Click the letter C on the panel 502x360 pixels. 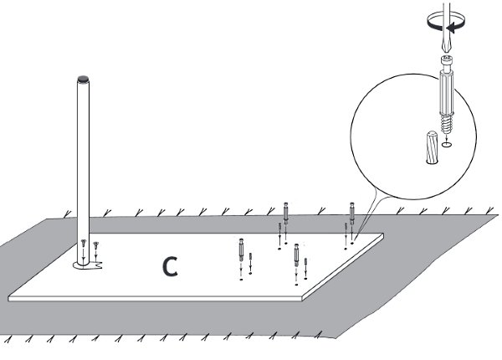click(169, 266)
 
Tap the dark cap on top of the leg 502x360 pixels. click(82, 81)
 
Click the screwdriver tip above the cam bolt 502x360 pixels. click(448, 50)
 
